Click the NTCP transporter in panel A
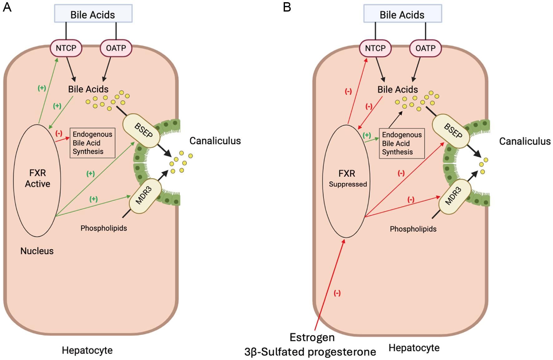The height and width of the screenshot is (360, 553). (66, 48)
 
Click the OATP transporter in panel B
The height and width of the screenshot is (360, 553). (425, 48)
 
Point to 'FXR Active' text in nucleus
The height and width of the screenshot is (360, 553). (37, 178)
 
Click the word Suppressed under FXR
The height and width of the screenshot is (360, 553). (348, 184)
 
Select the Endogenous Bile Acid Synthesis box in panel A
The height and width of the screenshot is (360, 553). (92, 143)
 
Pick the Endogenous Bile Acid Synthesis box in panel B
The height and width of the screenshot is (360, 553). (402, 143)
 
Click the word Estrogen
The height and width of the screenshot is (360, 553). (312, 338)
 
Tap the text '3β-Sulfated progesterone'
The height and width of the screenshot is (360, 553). (310, 352)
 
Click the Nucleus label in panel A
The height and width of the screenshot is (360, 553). (37, 251)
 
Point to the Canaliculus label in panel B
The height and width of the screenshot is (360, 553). (525, 141)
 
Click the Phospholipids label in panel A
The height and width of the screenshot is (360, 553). (104, 228)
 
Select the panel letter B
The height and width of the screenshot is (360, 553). (287, 7)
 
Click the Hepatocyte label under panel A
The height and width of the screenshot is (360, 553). (87, 350)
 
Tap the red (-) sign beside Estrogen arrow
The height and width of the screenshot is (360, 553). (337, 293)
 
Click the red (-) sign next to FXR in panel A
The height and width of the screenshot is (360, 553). (59, 133)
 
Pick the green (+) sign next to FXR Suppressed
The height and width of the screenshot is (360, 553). (367, 135)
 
